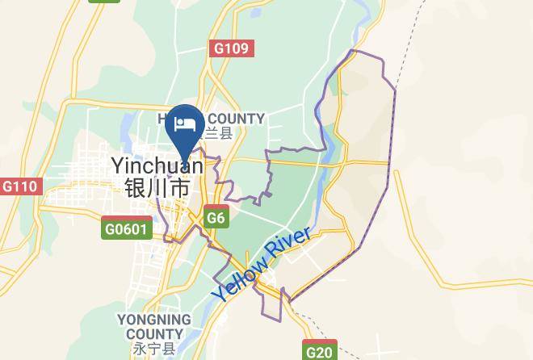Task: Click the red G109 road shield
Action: coord(232,48)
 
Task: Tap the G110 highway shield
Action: coord(19,186)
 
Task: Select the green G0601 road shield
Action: coord(126,228)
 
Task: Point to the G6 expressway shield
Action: coord(216,218)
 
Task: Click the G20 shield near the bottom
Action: coord(320,352)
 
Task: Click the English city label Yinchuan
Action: coord(157,165)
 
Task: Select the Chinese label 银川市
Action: coord(157,188)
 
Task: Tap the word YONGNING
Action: coord(153,320)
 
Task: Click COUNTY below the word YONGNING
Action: coord(153,334)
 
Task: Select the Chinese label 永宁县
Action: coord(153,350)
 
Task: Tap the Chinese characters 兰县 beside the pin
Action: coord(219,134)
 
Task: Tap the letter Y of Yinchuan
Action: coord(118,165)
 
